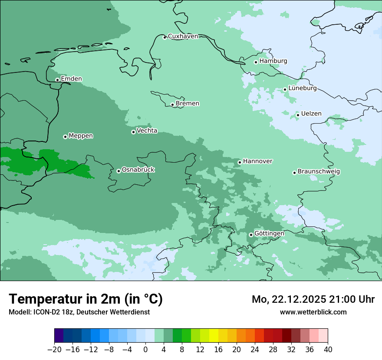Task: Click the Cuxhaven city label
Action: pos(183,36)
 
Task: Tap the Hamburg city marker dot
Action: pos(256,62)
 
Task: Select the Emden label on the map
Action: pos(71,79)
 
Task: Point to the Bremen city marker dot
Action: pos(172,105)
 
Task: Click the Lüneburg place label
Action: pos(303,88)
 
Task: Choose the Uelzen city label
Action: pos(311,114)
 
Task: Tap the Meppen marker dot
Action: pos(65,137)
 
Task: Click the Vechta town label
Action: pos(147,131)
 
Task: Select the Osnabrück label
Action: pos(138,170)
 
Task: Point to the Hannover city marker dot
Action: pos(240,162)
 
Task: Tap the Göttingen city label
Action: pos(269,234)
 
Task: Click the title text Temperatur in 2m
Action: pos(86,299)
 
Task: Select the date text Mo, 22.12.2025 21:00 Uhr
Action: pos(313,299)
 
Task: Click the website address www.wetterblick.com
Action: pos(313,312)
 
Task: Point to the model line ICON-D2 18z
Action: pos(79,312)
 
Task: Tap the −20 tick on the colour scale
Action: pos(54,350)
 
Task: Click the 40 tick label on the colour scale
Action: pos(328,350)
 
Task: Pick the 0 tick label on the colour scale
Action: pos(145,350)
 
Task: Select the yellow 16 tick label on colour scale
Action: pos(218,350)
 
